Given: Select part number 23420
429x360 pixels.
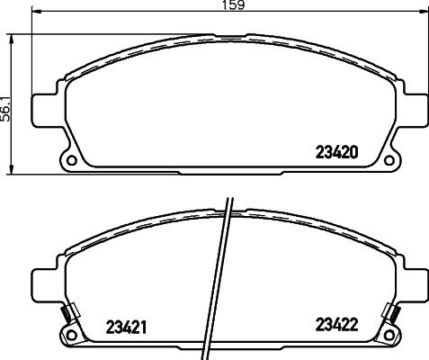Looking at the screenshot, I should tap(335, 152).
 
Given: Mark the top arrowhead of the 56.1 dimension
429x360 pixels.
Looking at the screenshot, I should tap(11, 38).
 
